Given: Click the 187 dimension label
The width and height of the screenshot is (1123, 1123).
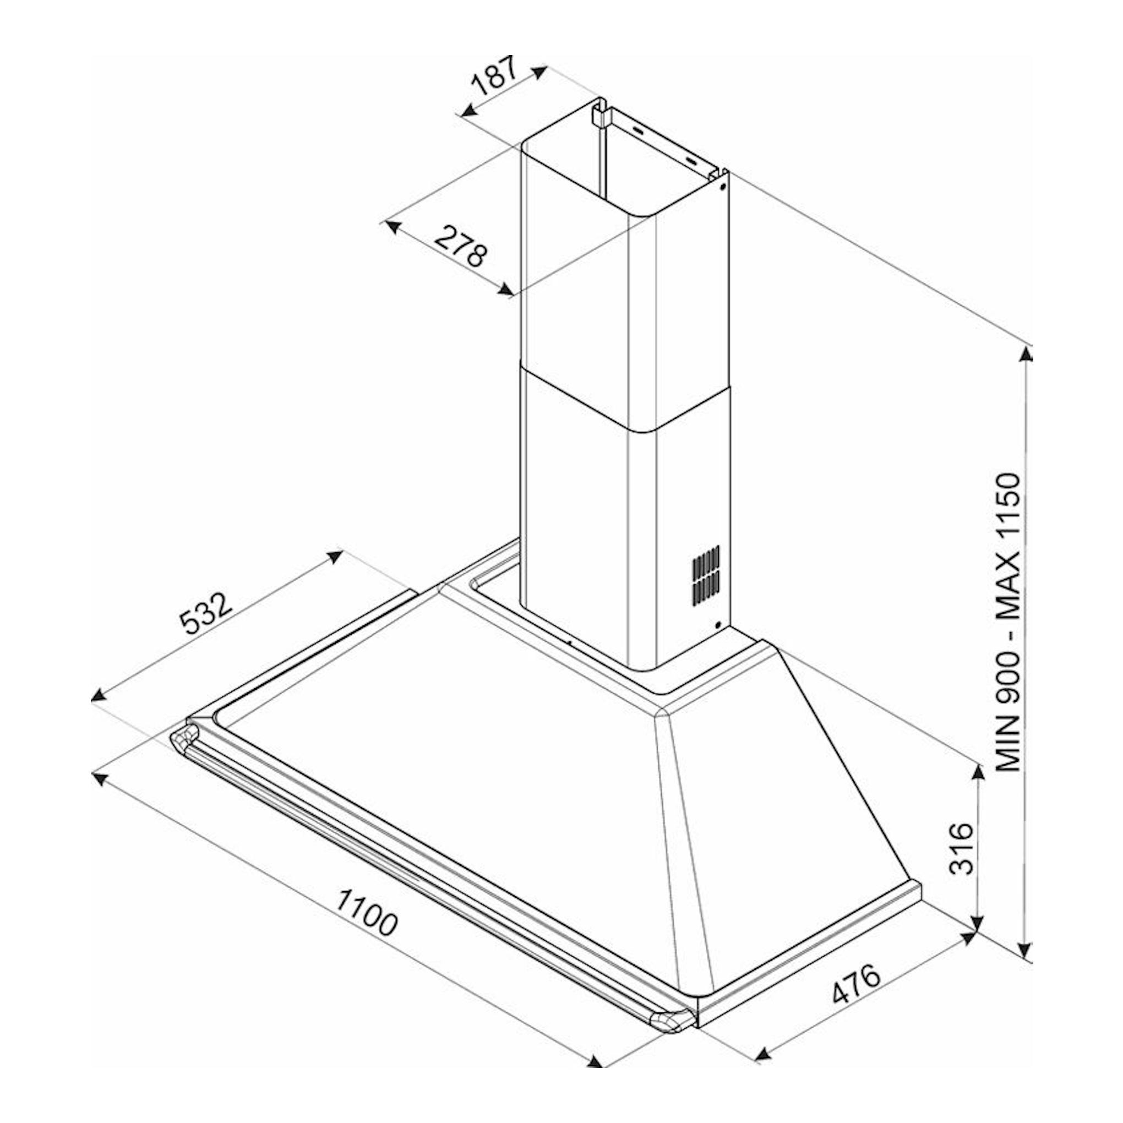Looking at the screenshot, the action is pos(494,76).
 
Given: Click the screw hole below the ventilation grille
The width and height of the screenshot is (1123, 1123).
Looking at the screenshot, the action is pos(718,625).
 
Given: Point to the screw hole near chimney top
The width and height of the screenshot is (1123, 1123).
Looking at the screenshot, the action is pos(722,187).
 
